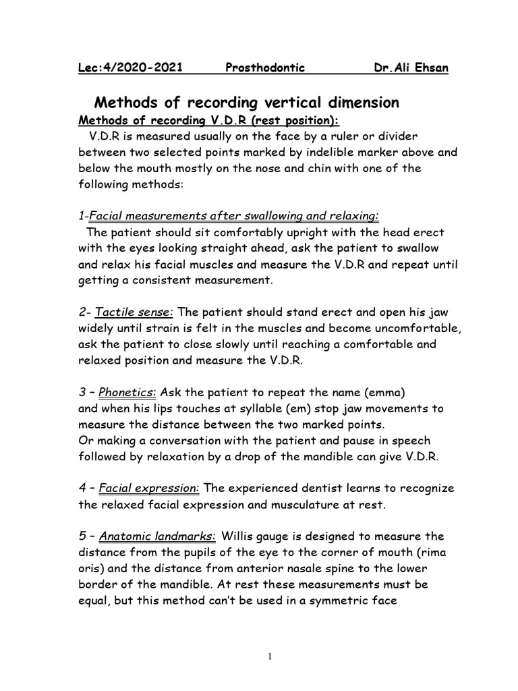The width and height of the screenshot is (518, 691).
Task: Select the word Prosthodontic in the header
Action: click(264, 68)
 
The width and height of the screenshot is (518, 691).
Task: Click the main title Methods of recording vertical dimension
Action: click(246, 103)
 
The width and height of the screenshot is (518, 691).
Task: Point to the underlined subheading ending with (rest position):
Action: click(210, 119)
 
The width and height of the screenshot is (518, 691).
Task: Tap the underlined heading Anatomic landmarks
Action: click(157, 536)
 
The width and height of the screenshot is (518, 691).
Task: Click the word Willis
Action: click(241, 536)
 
